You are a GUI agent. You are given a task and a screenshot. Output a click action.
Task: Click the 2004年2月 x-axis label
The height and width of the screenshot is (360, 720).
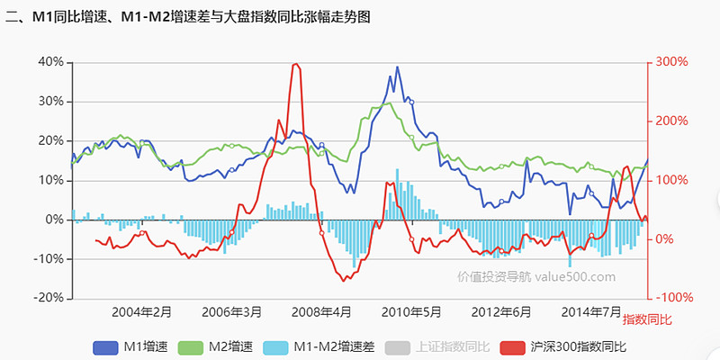tap(141, 312)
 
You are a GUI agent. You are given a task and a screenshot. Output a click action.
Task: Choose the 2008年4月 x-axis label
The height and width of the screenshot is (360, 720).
tap(321, 312)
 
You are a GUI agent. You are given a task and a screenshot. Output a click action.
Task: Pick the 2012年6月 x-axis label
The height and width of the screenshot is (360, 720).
tap(500, 312)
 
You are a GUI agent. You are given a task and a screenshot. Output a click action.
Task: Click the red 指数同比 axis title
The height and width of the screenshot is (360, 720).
tap(647, 320)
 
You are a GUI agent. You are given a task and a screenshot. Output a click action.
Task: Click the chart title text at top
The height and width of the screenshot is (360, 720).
tap(189, 16)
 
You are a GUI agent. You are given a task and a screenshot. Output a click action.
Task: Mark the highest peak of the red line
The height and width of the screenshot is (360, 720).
tap(296, 64)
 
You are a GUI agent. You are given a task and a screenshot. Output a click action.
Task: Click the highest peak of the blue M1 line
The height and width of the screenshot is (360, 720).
tap(398, 67)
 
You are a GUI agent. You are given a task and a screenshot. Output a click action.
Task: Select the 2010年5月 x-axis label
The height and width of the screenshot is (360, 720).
tap(411, 312)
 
